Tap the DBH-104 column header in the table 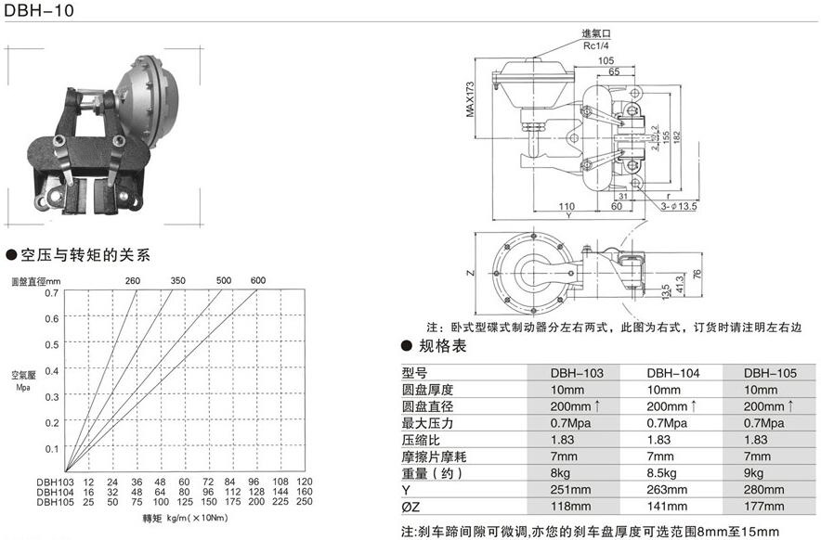tap(673, 372)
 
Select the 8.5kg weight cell tap(673, 473)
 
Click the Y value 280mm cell tap(770, 490)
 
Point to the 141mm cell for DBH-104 tap(673, 507)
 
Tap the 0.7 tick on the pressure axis tap(52, 293)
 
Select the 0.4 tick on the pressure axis tap(52, 370)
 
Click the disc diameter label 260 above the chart tap(133, 280)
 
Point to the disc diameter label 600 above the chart tap(257, 280)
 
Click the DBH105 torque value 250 tap(305, 501)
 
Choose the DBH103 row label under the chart tap(55, 482)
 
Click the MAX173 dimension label tap(469, 99)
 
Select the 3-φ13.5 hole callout tap(681, 206)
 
